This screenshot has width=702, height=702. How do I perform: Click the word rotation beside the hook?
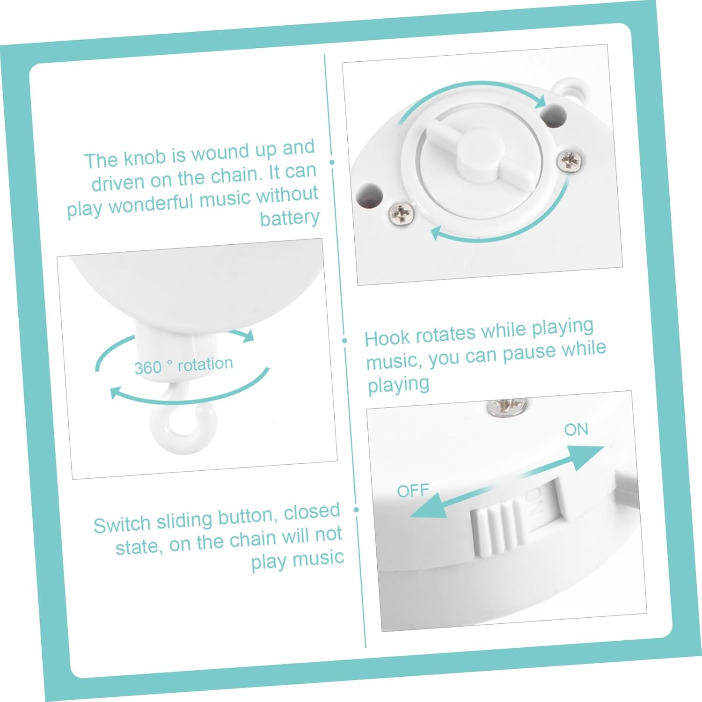click(205, 364)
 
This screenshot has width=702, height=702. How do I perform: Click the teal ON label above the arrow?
click(576, 429)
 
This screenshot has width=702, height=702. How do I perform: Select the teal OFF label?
click(413, 490)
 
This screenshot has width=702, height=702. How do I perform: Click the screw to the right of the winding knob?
click(570, 160)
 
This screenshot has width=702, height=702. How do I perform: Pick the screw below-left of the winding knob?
click(402, 214)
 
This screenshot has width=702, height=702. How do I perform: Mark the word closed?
click(312, 512)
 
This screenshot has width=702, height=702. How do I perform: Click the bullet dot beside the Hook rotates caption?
click(345, 341)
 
